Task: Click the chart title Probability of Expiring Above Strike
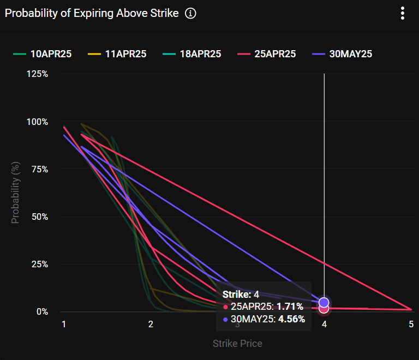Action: pyautogui.click(x=92, y=13)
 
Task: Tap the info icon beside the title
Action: pyautogui.click(x=190, y=13)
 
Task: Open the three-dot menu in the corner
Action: pyautogui.click(x=403, y=13)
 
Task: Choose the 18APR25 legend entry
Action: pyautogui.click(x=192, y=54)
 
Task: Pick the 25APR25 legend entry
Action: pyautogui.click(x=267, y=54)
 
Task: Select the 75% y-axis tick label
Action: pyautogui.click(x=39, y=169)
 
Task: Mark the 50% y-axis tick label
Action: pyautogui.click(x=39, y=217)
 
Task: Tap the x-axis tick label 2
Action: pyautogui.click(x=151, y=324)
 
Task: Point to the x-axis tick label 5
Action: pyautogui.click(x=411, y=324)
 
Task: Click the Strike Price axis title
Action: pyautogui.click(x=237, y=344)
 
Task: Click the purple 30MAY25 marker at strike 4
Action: pyautogui.click(x=324, y=302)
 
